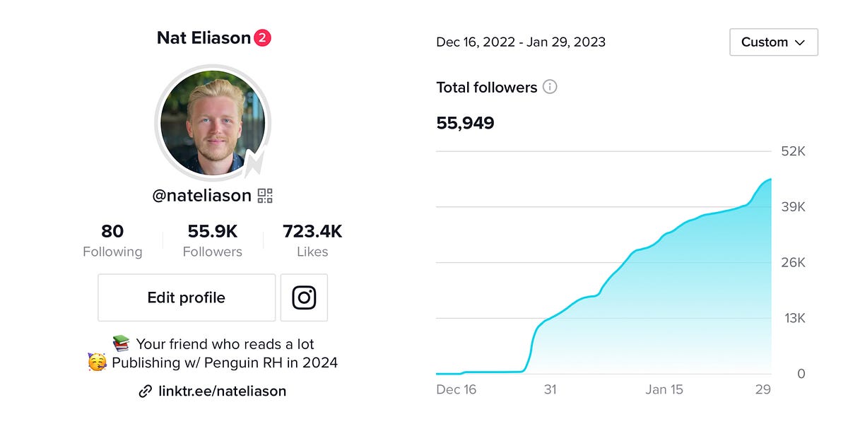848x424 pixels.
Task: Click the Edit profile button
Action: (187, 298)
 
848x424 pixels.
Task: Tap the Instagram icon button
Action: (304, 298)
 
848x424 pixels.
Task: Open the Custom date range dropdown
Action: (773, 42)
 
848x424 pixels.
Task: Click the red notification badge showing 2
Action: (262, 38)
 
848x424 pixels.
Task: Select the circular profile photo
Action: (213, 123)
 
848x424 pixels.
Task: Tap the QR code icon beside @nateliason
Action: (265, 196)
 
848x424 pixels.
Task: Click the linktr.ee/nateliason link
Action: (222, 391)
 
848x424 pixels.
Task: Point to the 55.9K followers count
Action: (212, 231)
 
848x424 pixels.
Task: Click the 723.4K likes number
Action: (312, 231)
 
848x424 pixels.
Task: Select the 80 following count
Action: (112, 231)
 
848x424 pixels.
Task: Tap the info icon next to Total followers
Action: (550, 87)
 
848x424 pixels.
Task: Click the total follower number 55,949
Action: (465, 123)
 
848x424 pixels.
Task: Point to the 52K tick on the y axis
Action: (793, 151)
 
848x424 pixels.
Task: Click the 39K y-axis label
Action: (793, 207)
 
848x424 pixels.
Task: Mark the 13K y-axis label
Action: (794, 318)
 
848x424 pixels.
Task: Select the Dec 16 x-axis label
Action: (457, 389)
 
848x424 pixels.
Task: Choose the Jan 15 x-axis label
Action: (664, 389)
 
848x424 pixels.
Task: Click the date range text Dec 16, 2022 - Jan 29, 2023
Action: (521, 42)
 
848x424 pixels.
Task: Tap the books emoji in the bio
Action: (122, 344)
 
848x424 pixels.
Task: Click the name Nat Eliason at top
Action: (204, 38)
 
